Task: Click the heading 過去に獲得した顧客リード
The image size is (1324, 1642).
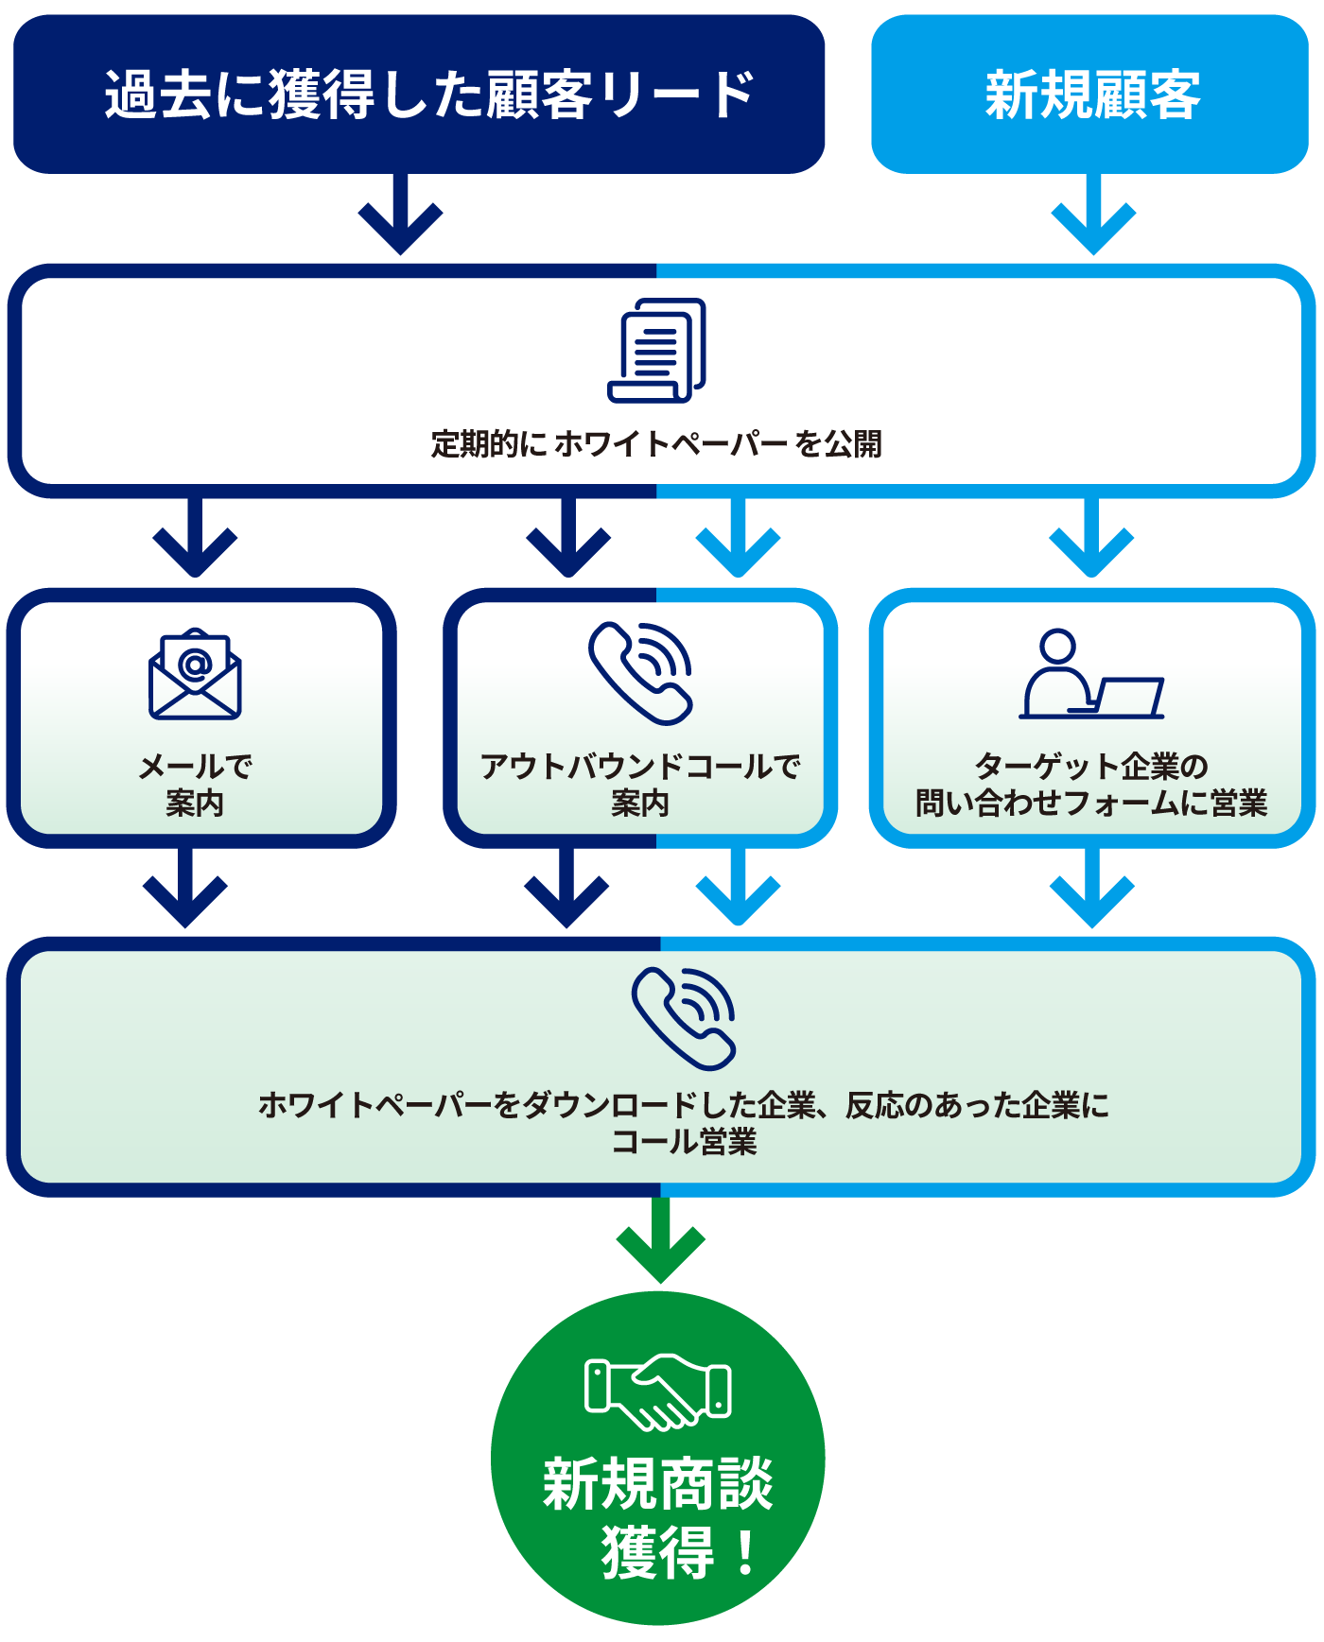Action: pyautogui.click(x=428, y=95)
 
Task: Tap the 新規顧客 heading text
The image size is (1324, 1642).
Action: pyautogui.click(x=1092, y=95)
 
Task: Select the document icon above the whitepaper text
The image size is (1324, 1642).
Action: pyautogui.click(x=656, y=351)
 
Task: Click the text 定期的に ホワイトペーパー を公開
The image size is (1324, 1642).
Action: pyautogui.click(x=656, y=443)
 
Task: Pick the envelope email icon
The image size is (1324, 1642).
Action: pyautogui.click(x=195, y=674)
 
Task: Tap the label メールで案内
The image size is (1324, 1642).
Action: pyautogui.click(x=195, y=785)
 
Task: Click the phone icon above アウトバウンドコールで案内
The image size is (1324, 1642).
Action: pyautogui.click(x=641, y=673)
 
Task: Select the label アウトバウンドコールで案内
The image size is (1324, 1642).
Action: pyautogui.click(x=640, y=785)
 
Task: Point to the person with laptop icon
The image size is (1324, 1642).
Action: pyautogui.click(x=1091, y=675)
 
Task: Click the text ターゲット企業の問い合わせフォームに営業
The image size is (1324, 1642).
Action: pyautogui.click(x=1091, y=785)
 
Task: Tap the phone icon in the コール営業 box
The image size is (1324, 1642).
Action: pyautogui.click(x=684, y=1018)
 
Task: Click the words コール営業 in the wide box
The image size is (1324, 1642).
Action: pyautogui.click(x=684, y=1142)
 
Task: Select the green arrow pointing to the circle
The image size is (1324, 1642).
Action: pyautogui.click(x=661, y=1238)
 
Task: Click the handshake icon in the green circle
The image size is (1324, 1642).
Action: pyautogui.click(x=658, y=1391)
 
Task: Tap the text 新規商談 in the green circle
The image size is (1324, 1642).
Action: pyautogui.click(x=658, y=1484)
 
